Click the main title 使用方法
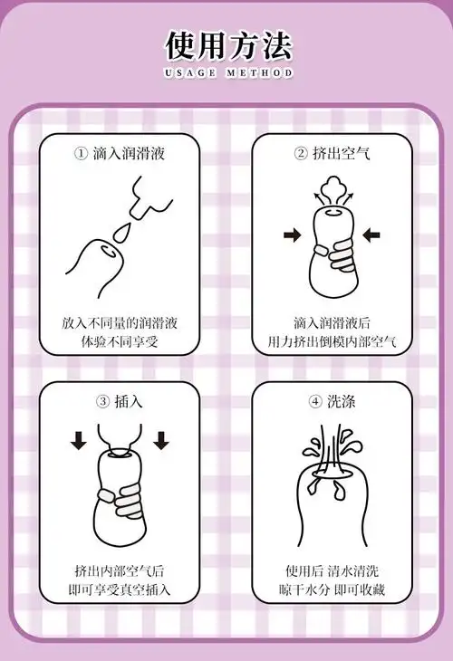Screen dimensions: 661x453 pos(227,44)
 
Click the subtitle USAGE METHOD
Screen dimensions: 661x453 pos(228,73)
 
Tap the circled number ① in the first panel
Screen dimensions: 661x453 pos(81,154)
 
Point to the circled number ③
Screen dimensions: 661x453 pos(102,400)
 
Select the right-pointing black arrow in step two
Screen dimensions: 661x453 pos(292,235)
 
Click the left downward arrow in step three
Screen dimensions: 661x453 pos(79,441)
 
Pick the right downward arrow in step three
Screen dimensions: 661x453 pos(161,441)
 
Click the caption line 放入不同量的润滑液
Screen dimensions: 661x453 pos(120,322)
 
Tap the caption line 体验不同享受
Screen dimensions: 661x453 pos(120,343)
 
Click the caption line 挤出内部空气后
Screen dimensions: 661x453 pos(120,571)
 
